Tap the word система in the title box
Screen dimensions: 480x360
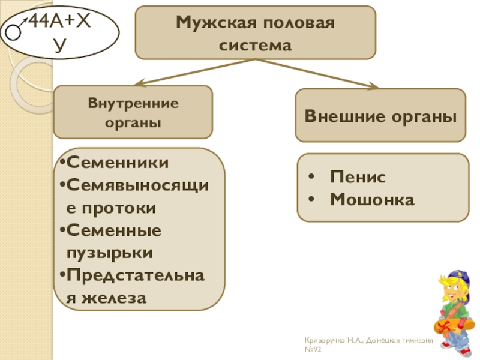255,45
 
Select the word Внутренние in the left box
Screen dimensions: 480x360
133,103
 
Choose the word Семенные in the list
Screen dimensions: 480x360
113,230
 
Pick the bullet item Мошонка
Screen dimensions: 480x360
372,199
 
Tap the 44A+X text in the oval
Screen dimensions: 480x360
60,19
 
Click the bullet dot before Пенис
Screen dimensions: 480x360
315,178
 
